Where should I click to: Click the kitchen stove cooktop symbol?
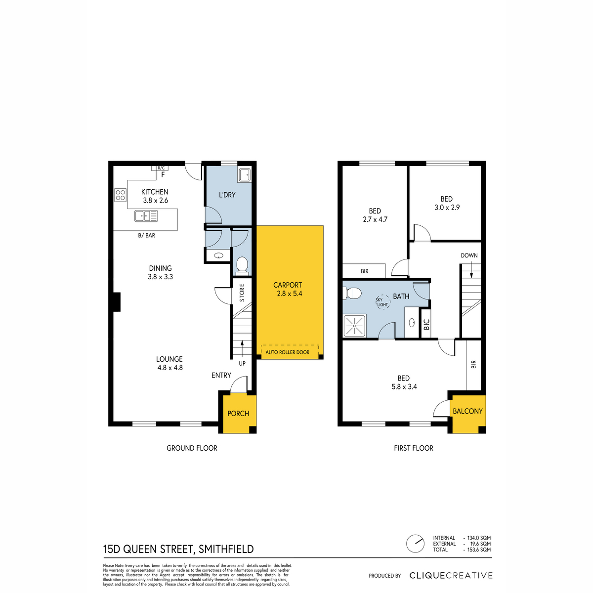pyautogui.click(x=120, y=195)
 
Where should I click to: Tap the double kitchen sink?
pyautogui.click(x=146, y=216)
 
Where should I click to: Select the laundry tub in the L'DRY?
pyautogui.click(x=244, y=175)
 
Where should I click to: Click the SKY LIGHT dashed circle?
pyautogui.click(x=382, y=302)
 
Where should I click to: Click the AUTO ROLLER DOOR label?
pyautogui.click(x=287, y=352)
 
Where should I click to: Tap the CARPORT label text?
pyautogui.click(x=288, y=285)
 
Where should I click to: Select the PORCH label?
pyautogui.click(x=238, y=413)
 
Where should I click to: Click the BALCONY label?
pyautogui.click(x=467, y=411)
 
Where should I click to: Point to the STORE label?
pyautogui.click(x=242, y=293)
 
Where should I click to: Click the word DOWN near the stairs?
pyautogui.click(x=469, y=255)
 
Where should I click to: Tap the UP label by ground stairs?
pyautogui.click(x=242, y=363)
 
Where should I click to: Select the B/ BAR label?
pyautogui.click(x=146, y=235)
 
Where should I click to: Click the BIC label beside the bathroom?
pyautogui.click(x=426, y=324)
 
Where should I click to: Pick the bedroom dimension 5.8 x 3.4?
pyautogui.click(x=404, y=387)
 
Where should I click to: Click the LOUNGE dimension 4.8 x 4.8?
pyautogui.click(x=170, y=368)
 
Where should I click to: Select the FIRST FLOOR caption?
pyautogui.click(x=413, y=448)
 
